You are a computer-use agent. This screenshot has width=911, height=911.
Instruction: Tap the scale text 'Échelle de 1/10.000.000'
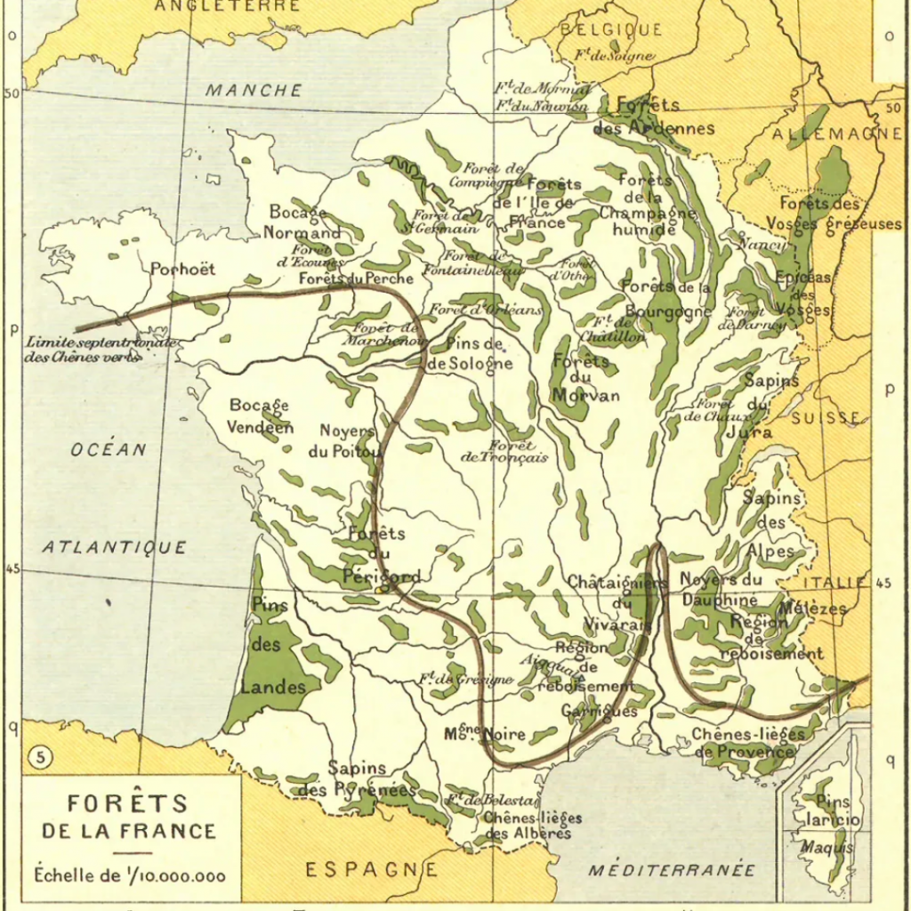point(130,875)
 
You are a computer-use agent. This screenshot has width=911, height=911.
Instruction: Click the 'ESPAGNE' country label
point(372,869)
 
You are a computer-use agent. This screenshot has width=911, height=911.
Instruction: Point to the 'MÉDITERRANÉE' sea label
point(672,870)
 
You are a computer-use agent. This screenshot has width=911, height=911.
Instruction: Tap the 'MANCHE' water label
point(254,91)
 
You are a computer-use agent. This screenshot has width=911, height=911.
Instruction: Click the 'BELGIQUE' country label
point(610,29)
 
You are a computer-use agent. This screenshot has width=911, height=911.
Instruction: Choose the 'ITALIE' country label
point(834,583)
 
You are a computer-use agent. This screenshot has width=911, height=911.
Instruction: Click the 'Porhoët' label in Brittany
point(182,269)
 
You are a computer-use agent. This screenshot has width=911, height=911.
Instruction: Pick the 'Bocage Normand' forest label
point(302,223)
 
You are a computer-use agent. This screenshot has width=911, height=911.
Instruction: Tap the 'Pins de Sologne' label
point(470,354)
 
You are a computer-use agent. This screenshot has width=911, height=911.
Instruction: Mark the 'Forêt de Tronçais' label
point(504,451)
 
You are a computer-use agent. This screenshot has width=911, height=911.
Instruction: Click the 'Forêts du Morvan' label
point(584,378)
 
